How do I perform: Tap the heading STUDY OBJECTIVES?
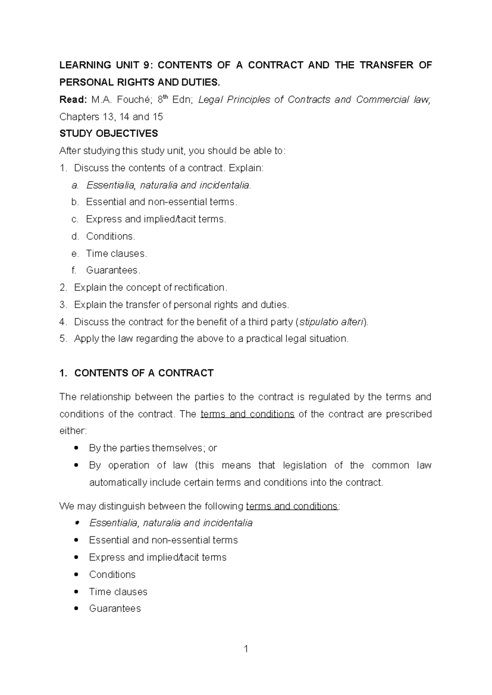pos(109,134)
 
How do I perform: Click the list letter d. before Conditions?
pos(75,236)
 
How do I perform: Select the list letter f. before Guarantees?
pos(74,270)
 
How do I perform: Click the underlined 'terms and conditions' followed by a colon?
pos(292,506)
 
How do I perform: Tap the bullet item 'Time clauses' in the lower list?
pos(118,592)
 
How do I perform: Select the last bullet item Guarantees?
pos(115,609)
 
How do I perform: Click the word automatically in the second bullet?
pos(118,482)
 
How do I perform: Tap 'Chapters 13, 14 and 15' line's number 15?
pos(157,117)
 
